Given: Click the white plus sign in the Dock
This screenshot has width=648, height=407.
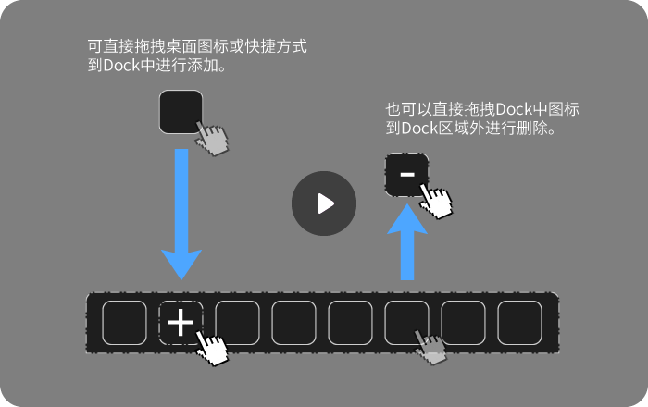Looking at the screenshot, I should pos(181,323).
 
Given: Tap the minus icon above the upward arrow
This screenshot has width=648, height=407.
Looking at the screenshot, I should pos(406,175).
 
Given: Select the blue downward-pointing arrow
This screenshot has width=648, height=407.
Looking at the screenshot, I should pos(181,215).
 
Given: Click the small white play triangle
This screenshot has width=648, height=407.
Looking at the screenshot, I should pos(324,203).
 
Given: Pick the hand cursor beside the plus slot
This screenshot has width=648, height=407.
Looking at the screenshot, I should pos(213,350).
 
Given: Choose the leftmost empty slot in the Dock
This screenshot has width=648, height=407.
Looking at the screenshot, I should pos(124,323).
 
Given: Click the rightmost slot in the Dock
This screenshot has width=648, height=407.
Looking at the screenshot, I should pos(519,323).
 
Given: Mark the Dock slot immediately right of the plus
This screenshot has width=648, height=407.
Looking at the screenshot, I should pos(237,323).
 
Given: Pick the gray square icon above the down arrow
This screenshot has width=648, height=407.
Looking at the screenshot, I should pos(181,112).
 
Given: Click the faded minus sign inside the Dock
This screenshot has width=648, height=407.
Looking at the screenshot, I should pos(432,351).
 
